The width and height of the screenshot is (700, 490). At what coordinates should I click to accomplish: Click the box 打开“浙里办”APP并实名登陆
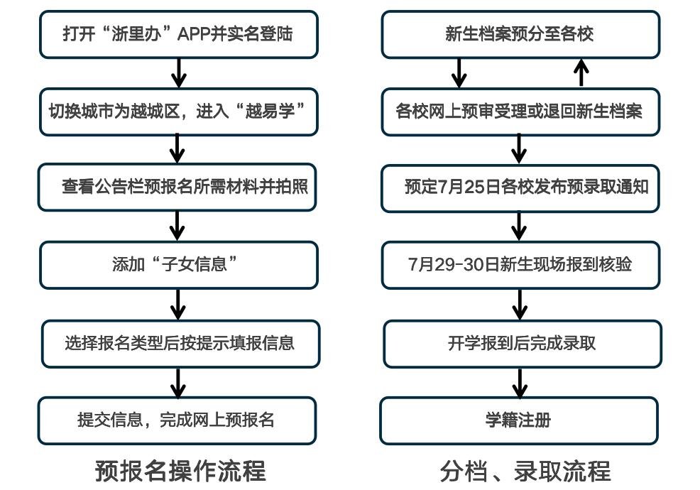[178, 34]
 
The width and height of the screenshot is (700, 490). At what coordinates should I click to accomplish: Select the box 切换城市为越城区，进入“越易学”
[178, 111]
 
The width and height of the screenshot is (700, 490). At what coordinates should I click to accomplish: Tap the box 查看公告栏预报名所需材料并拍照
[177, 187]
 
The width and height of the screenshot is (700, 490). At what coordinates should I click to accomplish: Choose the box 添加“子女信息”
[178, 265]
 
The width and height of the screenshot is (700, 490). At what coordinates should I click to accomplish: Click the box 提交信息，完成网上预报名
[177, 420]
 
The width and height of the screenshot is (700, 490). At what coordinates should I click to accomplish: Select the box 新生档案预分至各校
[520, 34]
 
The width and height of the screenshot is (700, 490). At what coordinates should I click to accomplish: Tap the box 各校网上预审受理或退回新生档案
[520, 111]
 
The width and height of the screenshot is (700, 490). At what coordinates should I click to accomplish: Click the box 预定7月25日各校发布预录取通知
[520, 188]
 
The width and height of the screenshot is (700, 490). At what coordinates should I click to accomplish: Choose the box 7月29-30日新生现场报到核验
[520, 265]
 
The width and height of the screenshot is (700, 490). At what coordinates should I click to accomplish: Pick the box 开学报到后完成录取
[522, 344]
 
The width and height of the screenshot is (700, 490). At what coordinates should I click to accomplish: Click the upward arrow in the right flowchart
[581, 72]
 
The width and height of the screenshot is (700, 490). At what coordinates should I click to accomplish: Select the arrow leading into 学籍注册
[520, 382]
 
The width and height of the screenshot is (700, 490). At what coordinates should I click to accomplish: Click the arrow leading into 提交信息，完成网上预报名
[177, 382]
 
